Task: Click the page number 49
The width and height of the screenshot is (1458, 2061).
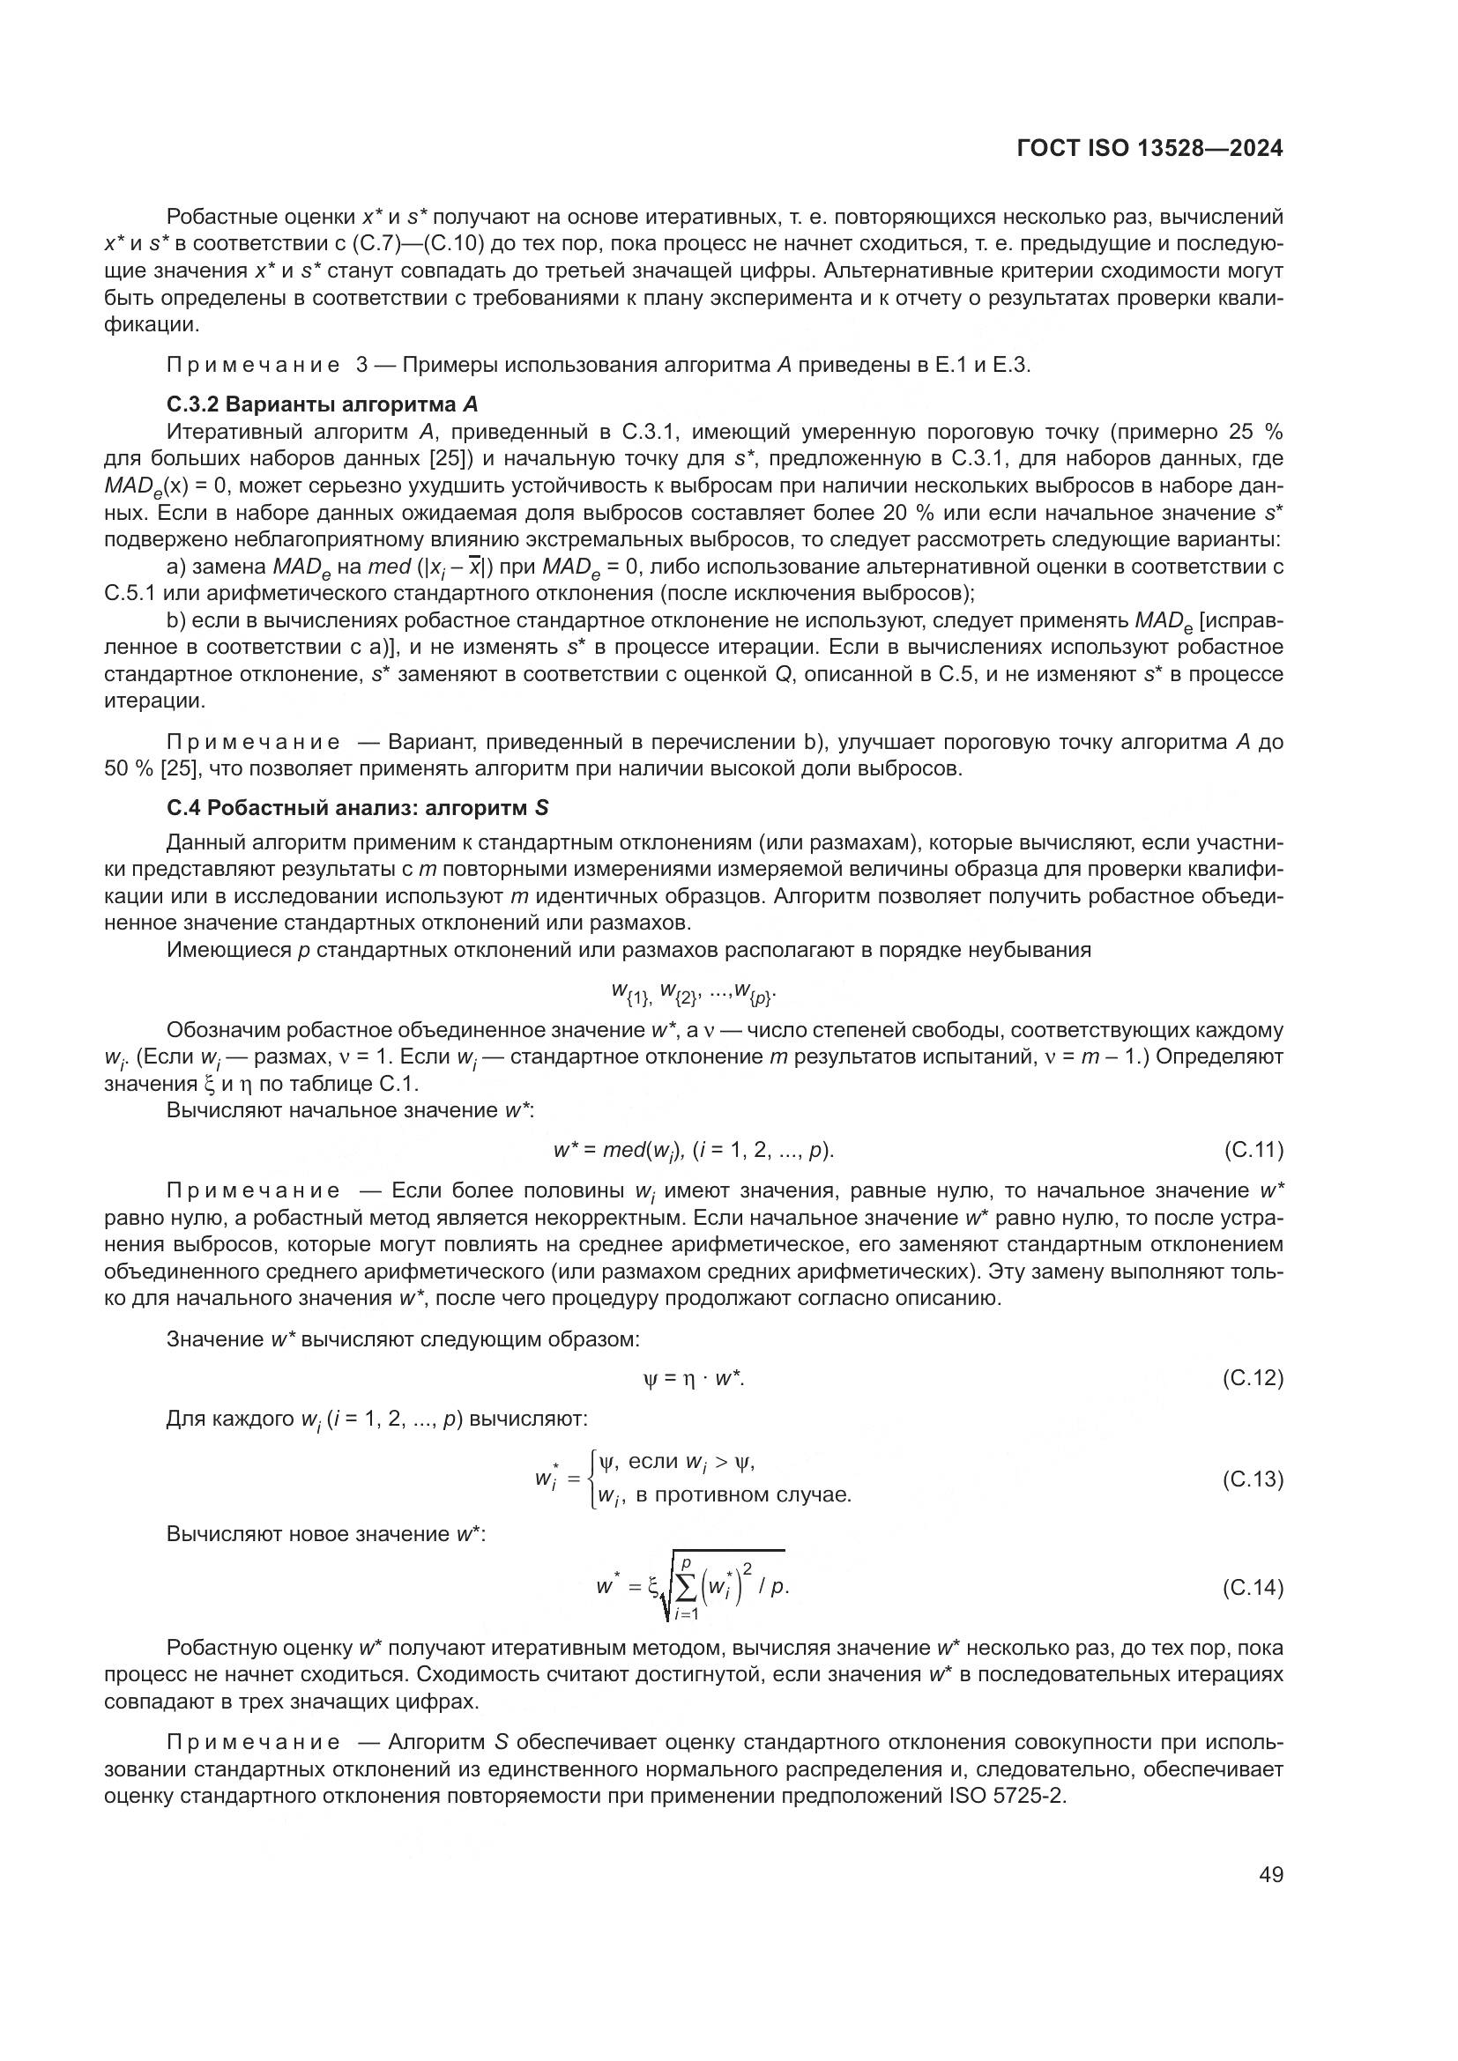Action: coord(1270,1874)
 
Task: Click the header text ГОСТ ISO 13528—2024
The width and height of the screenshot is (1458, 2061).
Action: coord(1149,149)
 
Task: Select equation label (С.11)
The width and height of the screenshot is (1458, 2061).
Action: coord(1253,1150)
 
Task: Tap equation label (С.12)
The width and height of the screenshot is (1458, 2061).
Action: coord(1253,1378)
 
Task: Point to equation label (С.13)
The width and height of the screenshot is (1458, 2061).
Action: coord(1253,1479)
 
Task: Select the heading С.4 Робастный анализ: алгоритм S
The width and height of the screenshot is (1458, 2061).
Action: coord(357,807)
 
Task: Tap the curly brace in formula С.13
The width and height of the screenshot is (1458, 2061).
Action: coord(592,1479)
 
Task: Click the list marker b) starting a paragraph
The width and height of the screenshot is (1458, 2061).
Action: coord(176,620)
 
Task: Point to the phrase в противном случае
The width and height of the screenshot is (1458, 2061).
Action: coord(742,1494)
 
